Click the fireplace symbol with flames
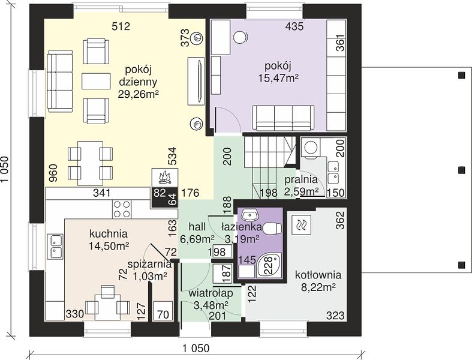pos(165,178)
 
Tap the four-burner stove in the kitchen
pos(122,209)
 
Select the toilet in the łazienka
pos(272,229)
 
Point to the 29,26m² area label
pos(138,94)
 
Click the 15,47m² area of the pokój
pos(278,78)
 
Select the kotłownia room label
pos(318,275)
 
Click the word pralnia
pos(301,179)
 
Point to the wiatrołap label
pos(211,293)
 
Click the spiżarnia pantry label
pos(149,265)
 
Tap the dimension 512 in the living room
pos(121,26)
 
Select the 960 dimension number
pos(53,173)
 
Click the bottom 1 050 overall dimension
pos(196,349)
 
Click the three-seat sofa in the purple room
pos(283,118)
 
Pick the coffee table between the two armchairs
pos(96,81)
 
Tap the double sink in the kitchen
pos(55,247)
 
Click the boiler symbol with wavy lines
pos(301,225)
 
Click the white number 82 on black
pos(159,193)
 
